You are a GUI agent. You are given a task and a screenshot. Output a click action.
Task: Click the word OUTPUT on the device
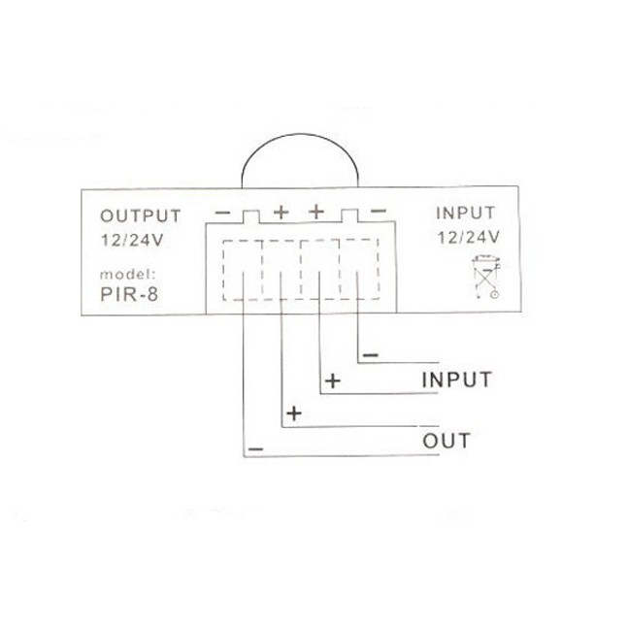[x=140, y=215]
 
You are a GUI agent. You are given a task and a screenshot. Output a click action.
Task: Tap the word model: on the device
[x=126, y=275]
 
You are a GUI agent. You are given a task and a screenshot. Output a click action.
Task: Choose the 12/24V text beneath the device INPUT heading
[x=468, y=236]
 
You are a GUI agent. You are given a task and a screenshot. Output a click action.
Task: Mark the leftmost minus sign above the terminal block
[x=222, y=211]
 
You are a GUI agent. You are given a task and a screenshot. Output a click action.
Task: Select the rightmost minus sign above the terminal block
[x=379, y=211]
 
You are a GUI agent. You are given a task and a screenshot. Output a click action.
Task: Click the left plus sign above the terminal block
[x=281, y=211]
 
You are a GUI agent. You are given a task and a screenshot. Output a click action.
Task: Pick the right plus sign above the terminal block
[x=315, y=211]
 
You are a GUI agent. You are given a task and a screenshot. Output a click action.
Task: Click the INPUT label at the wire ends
[x=456, y=379]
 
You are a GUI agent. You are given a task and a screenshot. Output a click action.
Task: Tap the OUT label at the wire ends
[x=446, y=442]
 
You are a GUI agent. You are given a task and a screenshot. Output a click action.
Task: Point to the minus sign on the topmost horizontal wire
[x=370, y=354]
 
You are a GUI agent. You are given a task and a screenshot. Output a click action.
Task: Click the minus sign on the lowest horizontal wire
[x=255, y=449]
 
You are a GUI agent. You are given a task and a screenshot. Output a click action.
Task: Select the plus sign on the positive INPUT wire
[x=332, y=381]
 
